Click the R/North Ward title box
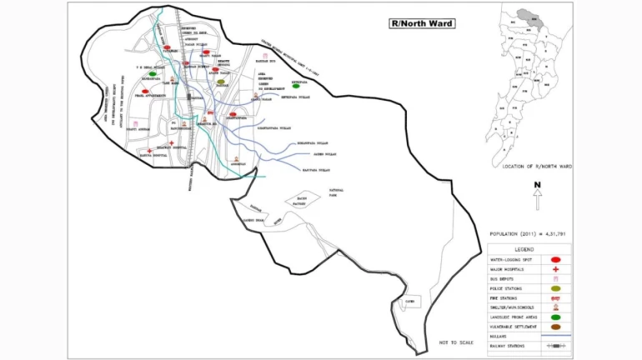[422, 23]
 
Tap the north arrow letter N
[538, 185]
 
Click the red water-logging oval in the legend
[554, 261]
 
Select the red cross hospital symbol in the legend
[554, 270]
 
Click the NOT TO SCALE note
[456, 342]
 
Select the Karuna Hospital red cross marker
[149, 151]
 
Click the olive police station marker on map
[221, 82]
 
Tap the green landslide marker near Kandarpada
[152, 74]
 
